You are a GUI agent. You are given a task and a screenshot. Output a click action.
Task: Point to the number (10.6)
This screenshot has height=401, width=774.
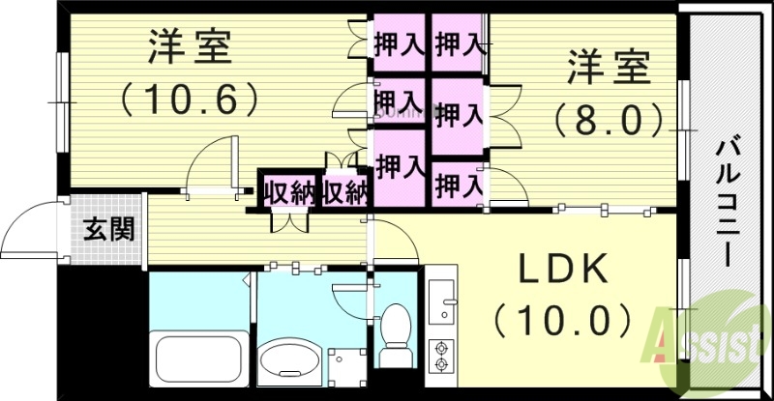tap(190, 98)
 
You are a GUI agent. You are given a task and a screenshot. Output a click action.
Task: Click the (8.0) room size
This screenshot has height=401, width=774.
tap(610, 120)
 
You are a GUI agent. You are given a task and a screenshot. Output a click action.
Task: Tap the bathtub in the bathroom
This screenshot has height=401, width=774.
tap(198, 358)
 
